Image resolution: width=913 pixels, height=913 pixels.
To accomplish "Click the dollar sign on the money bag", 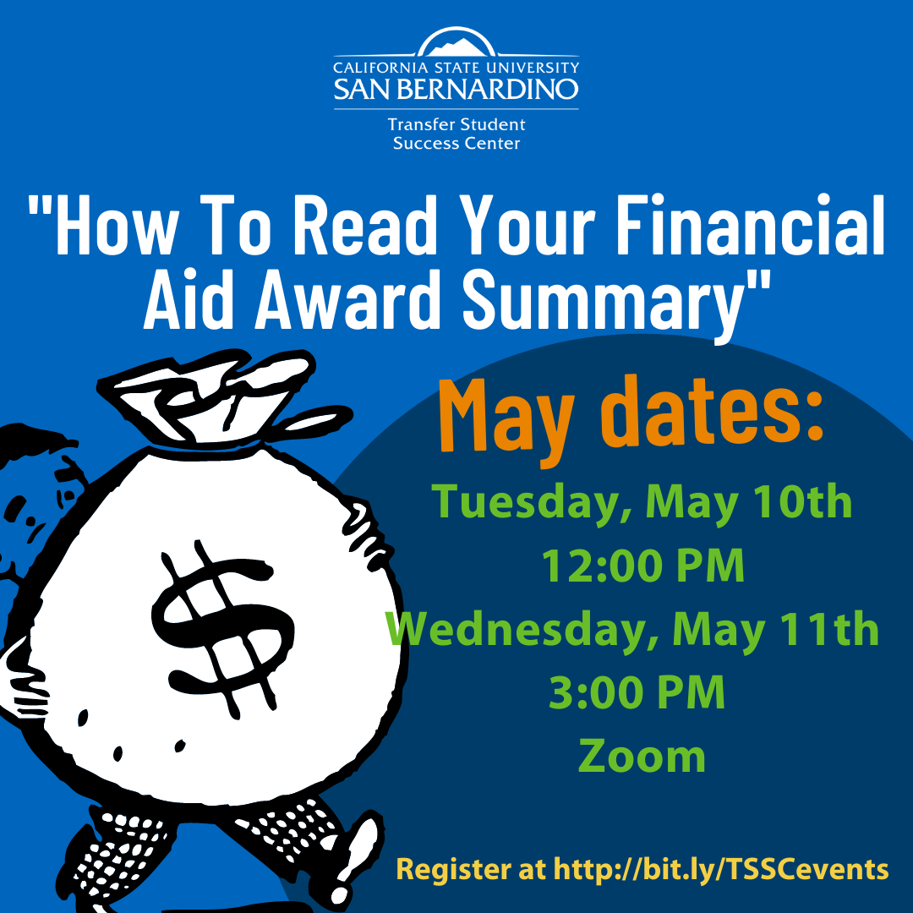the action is coord(223,629).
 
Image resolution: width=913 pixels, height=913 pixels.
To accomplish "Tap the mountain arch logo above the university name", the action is coord(456,42).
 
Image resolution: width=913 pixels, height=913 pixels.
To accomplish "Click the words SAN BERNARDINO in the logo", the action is coord(456,89).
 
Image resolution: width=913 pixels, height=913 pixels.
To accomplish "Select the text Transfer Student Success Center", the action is coord(456,134).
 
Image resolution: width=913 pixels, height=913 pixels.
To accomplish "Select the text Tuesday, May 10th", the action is coord(642,502).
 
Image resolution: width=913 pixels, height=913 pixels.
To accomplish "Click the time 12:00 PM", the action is coord(642,566).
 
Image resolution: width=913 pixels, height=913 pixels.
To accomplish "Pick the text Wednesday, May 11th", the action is coord(632,630).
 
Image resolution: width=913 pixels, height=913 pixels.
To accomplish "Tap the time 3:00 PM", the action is coord(637,692).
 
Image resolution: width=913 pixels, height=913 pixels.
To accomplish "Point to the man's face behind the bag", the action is coord(35,512).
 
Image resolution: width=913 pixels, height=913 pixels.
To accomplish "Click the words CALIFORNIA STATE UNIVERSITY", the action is coord(456,68).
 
